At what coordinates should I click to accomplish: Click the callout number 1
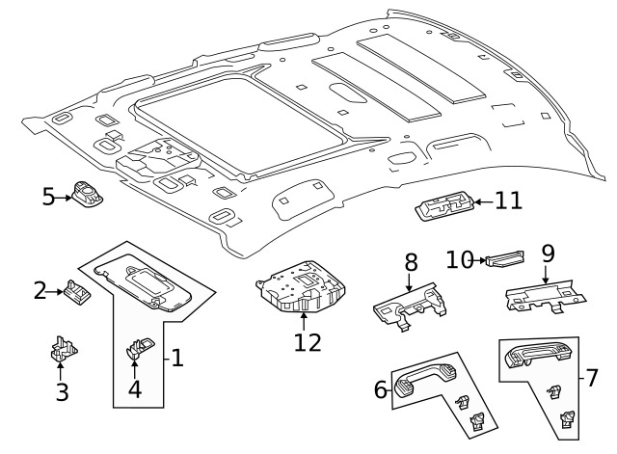(176, 359)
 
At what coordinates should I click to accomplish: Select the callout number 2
(40, 289)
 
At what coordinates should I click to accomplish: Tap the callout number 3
(62, 391)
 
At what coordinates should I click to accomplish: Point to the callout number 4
(135, 390)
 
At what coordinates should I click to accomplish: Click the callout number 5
(49, 198)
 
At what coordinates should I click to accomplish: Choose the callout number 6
(381, 389)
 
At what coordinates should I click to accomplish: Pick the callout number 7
(592, 377)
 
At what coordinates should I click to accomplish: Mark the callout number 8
(411, 262)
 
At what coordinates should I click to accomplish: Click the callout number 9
(548, 254)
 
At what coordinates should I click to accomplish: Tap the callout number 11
(508, 200)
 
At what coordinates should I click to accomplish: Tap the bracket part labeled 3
(64, 352)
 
